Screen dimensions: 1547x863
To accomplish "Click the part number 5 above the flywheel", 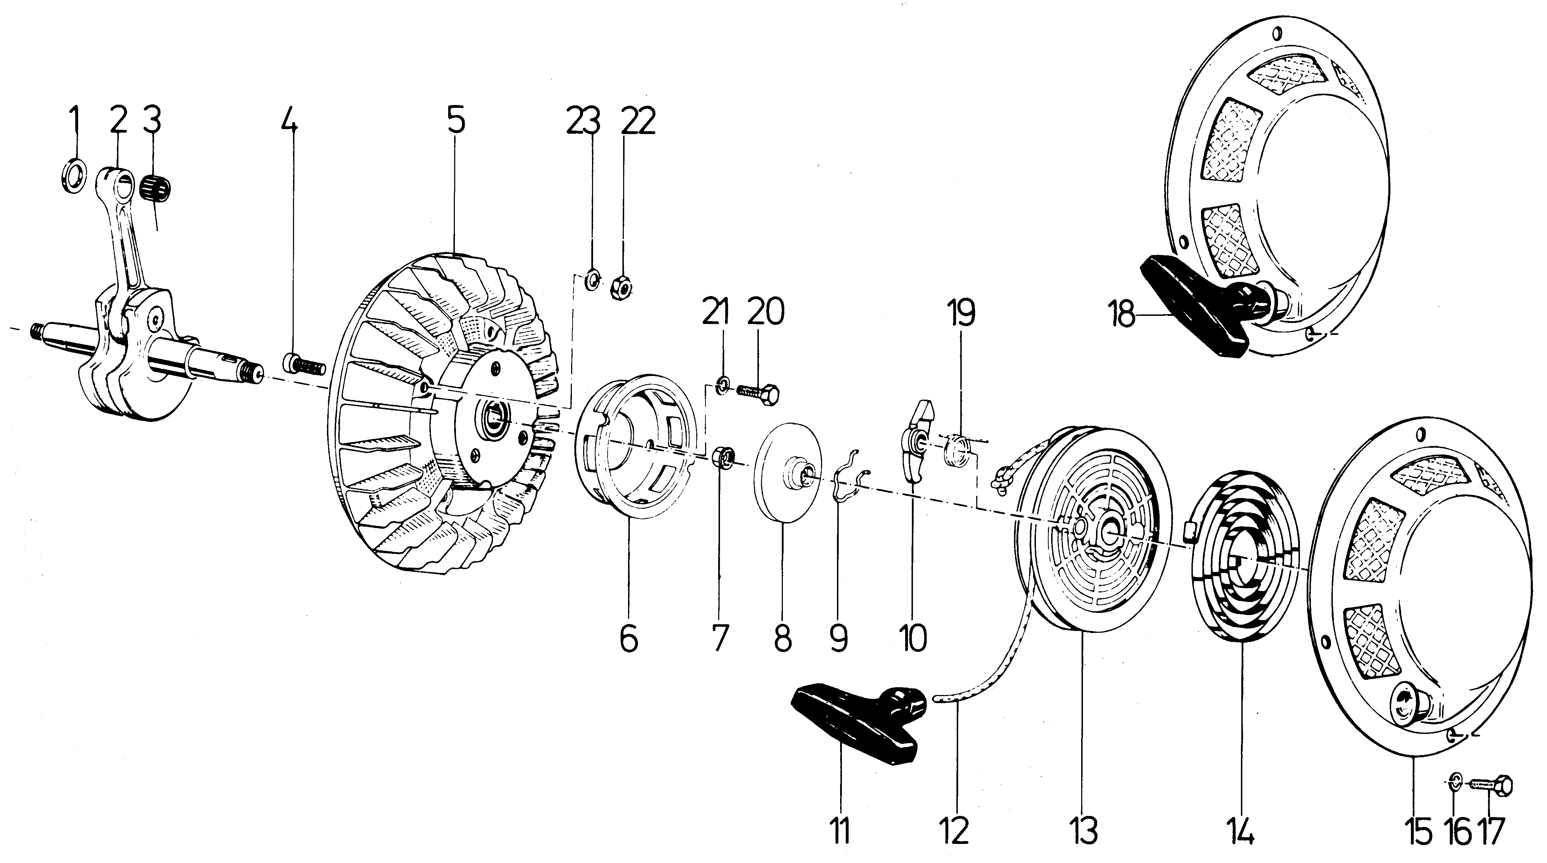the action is pos(456,121).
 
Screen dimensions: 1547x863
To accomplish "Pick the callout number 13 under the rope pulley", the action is pos(1085,831).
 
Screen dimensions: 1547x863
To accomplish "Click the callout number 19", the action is pos(961,313).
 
